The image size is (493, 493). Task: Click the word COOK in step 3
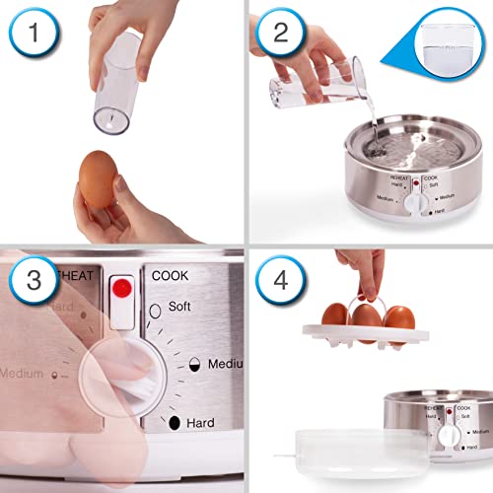click(x=170, y=275)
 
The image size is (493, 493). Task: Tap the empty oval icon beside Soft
click(x=156, y=313)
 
